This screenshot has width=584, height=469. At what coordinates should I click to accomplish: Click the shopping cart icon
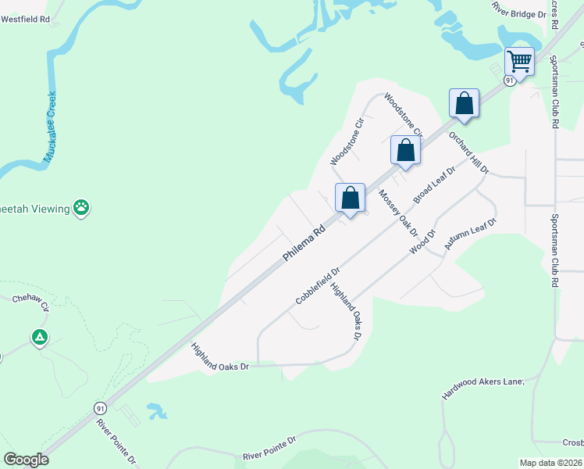[519, 60]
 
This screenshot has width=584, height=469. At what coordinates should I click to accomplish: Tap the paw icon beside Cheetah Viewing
[82, 207]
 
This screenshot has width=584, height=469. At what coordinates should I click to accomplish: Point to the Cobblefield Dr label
[318, 286]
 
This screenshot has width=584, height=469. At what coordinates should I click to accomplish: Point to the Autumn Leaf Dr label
[471, 234]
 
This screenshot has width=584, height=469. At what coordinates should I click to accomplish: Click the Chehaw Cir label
[30, 300]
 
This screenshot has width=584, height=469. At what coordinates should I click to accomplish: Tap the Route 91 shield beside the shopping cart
[509, 81]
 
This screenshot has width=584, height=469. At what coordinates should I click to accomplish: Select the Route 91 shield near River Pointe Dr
[100, 409]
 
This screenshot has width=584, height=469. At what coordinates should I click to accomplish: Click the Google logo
[27, 460]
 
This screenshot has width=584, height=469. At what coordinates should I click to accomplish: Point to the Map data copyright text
[551, 463]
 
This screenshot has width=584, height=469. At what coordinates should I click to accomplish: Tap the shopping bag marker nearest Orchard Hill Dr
[464, 104]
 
